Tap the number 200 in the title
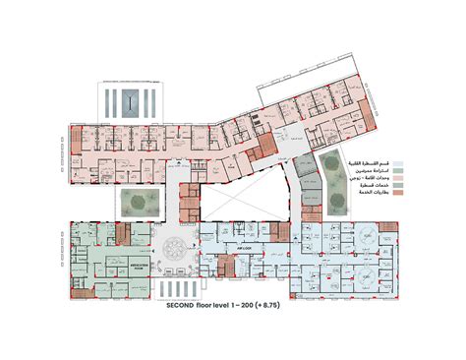pos(262,308)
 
